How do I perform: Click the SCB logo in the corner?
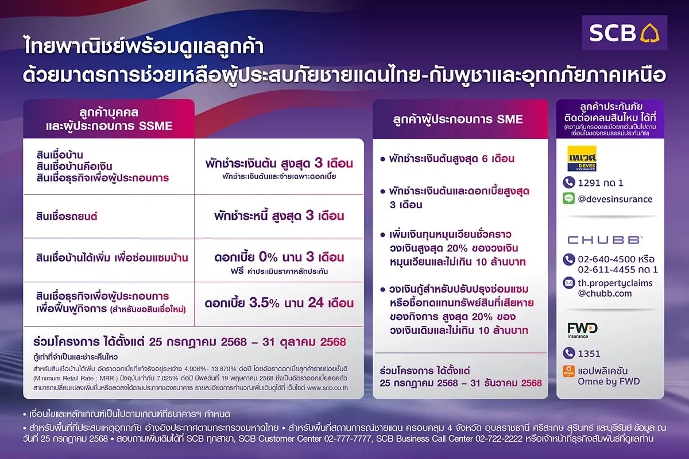pos(624,33)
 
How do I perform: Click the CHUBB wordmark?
pos(604,240)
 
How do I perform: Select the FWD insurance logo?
pos(582,330)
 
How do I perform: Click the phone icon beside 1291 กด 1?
pos(569,182)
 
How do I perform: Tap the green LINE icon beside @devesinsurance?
pos(569,199)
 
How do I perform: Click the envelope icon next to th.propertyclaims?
pos(569,283)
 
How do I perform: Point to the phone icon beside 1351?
pos(569,354)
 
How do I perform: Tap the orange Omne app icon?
pos(569,371)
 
